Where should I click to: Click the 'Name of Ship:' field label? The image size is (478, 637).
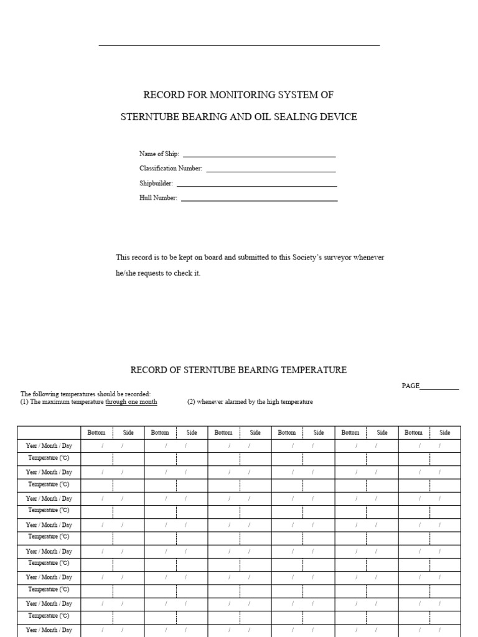[159, 154]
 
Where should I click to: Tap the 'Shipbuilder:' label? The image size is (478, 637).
[156, 184]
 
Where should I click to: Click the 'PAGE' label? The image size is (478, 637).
[411, 386]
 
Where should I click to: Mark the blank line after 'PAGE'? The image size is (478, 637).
[439, 389]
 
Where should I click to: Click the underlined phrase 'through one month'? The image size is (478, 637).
[131, 402]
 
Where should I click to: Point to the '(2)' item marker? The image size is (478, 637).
[191, 402]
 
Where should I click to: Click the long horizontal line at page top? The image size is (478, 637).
[239, 45]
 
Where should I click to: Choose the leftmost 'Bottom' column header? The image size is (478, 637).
[96, 432]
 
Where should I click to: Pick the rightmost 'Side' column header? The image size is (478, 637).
[445, 432]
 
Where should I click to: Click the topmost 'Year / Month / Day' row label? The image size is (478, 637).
[49, 445]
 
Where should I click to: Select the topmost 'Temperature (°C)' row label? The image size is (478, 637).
[49, 458]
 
